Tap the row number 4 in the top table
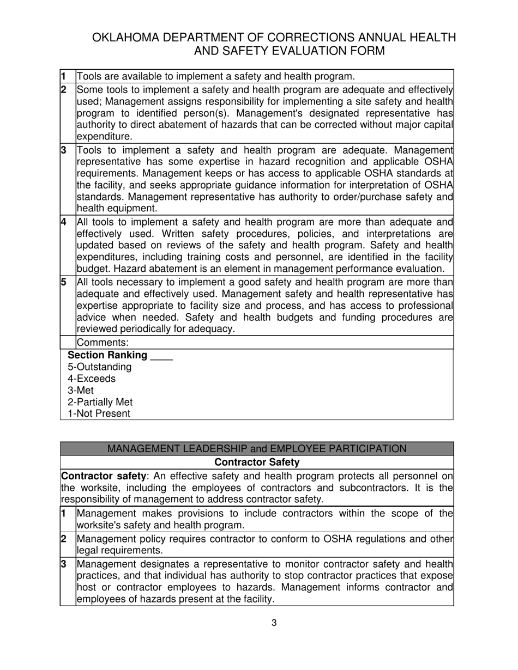(x=64, y=222)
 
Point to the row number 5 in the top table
(x=64, y=282)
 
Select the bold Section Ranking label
(x=107, y=355)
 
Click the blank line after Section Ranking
(x=161, y=356)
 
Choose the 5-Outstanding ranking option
(x=99, y=367)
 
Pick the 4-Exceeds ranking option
(x=92, y=379)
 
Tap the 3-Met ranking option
(x=81, y=391)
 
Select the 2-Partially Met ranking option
(x=100, y=402)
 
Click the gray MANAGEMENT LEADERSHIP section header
(x=257, y=448)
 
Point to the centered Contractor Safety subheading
(x=257, y=462)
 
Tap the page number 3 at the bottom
(x=274, y=623)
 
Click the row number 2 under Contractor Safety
(x=64, y=539)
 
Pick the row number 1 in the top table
(x=64, y=76)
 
